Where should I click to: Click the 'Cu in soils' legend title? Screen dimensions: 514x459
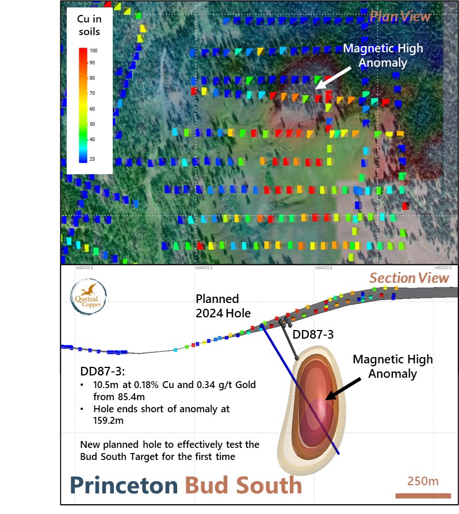89,26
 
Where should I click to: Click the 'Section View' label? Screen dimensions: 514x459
409,278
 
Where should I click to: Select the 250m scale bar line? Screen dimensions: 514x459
423,495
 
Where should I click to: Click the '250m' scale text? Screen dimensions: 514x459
423,481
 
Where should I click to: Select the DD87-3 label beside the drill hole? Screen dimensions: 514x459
313,335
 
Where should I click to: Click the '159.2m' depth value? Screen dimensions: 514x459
108,420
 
